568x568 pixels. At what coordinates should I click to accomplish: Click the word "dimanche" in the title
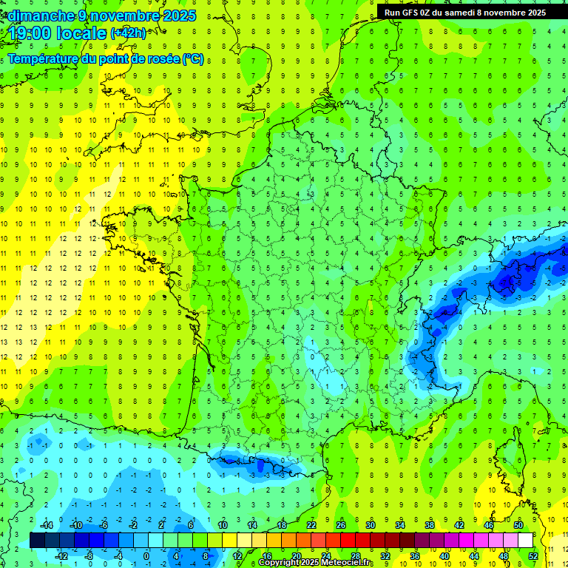pos(37,15)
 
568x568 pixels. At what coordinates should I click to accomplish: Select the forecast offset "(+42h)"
pos(128,33)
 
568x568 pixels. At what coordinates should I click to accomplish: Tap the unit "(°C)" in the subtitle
pos(193,59)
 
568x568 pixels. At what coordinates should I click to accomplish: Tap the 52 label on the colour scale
pos(532,555)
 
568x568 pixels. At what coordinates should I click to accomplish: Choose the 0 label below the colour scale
pos(146,555)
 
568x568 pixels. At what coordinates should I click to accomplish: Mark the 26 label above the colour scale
pos(340,525)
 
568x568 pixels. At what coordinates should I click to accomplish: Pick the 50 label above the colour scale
pos(518,525)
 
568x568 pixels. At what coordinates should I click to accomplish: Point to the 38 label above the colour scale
pos(429,525)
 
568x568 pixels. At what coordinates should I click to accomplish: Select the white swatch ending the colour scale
pos(525,540)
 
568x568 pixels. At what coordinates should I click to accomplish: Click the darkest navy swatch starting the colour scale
pos(37,540)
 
